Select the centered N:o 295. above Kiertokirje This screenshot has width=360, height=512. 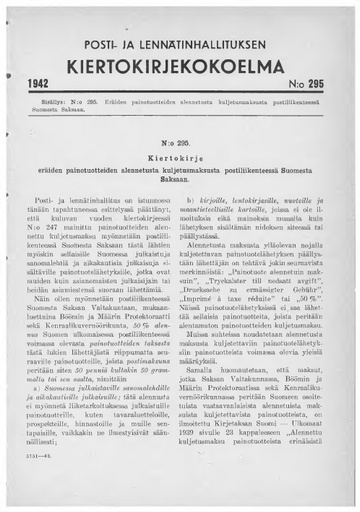(180, 144)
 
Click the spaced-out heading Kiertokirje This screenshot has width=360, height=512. (180, 158)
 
